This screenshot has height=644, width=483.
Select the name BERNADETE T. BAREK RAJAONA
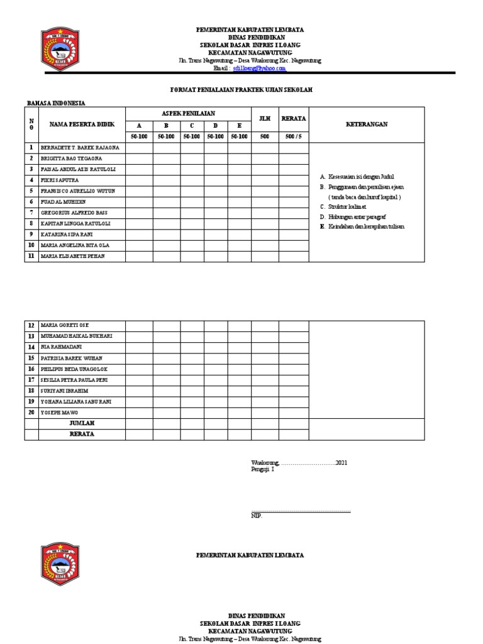click(79, 148)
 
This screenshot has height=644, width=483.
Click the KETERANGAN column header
click(367, 125)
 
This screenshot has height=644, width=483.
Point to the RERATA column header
click(294, 118)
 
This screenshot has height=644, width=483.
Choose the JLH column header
click(265, 118)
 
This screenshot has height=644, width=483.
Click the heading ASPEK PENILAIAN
click(188, 113)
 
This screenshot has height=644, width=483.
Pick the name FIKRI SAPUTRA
click(60, 180)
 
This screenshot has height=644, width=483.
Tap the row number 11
click(31, 256)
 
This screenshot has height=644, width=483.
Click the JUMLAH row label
click(82, 423)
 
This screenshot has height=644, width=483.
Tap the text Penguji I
click(263, 469)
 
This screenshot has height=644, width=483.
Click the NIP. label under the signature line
click(256, 516)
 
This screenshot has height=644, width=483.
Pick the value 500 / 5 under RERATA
click(294, 136)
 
